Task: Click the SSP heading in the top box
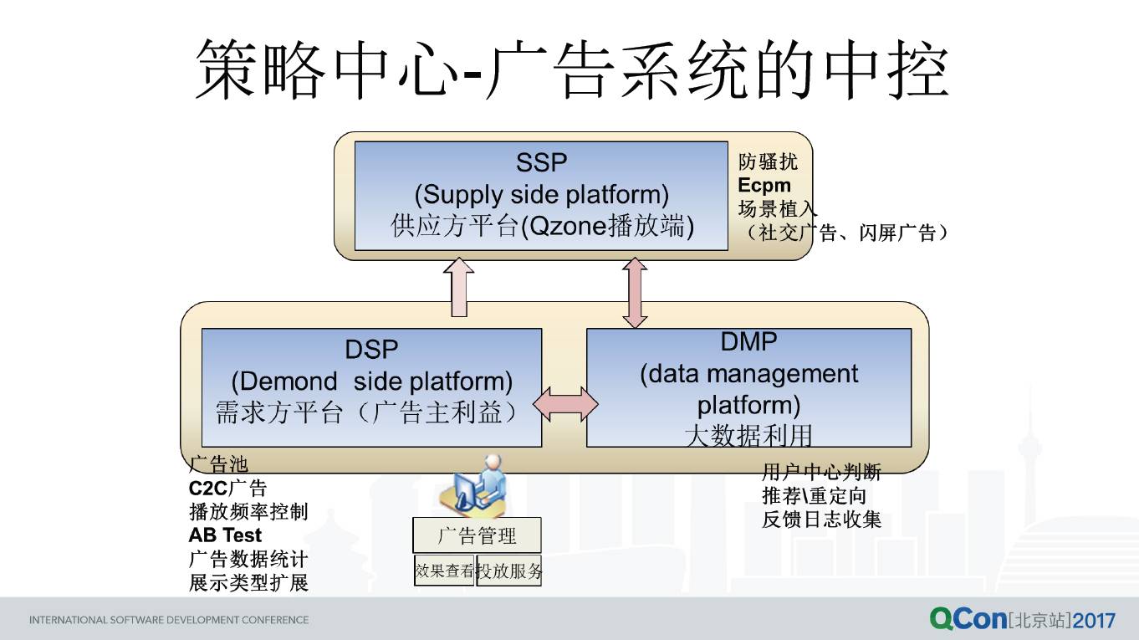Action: point(541,163)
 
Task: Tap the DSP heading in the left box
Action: point(371,350)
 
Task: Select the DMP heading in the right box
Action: point(748,341)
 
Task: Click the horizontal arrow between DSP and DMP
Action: point(565,404)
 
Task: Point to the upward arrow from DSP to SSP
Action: point(458,288)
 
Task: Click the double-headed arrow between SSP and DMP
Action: point(635,293)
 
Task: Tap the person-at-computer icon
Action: point(475,484)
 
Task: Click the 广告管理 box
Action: point(477,535)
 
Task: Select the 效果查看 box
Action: point(444,571)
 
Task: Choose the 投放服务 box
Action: point(509,571)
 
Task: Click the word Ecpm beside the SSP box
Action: point(764,186)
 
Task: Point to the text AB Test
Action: point(225,535)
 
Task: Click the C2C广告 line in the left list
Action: point(227,489)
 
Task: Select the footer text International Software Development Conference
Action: point(169,620)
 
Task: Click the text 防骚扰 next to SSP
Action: point(768,161)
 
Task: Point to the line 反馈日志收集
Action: point(821,520)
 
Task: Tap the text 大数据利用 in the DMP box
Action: point(748,436)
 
